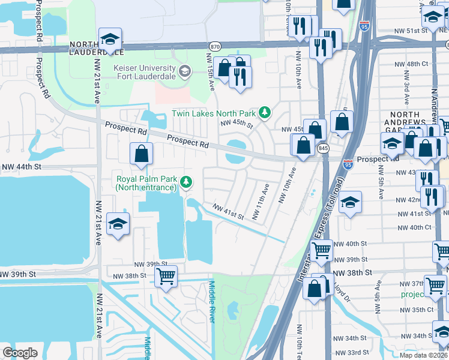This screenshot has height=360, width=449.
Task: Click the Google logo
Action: click(x=20, y=353)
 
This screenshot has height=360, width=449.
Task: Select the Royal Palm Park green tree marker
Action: click(x=187, y=181)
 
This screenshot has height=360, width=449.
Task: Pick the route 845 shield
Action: click(x=324, y=148)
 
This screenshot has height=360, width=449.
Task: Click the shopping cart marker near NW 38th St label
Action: click(x=166, y=277)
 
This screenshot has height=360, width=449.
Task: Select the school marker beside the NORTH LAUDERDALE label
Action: click(x=110, y=40)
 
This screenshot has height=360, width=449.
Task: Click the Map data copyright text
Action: click(x=424, y=355)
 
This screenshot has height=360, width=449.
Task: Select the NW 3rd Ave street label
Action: click(x=406, y=87)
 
